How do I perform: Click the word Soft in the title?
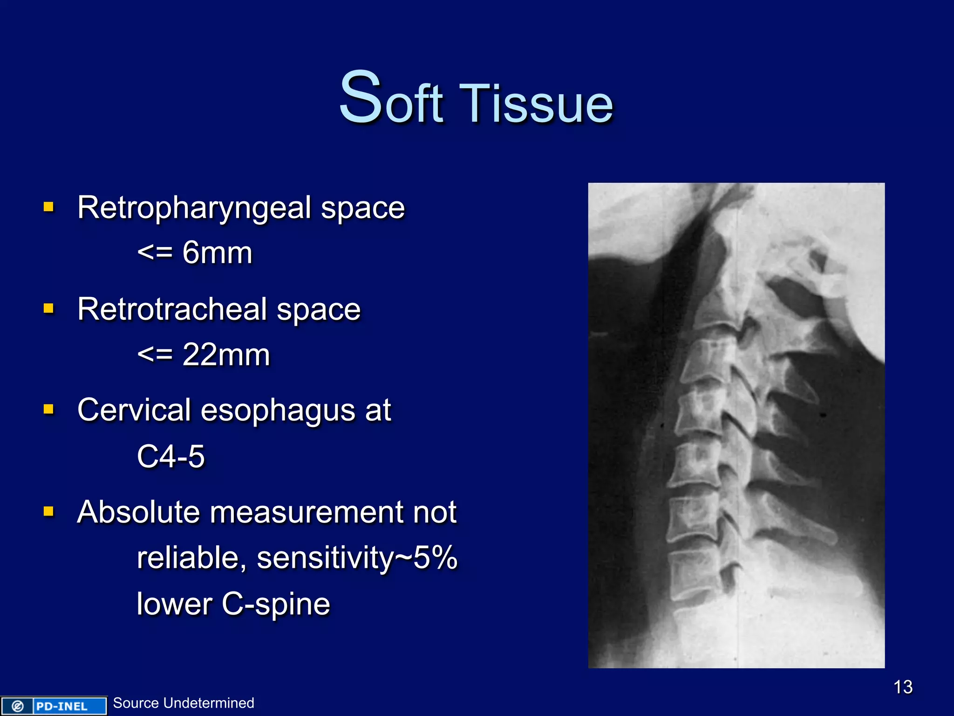pyautogui.click(x=390, y=99)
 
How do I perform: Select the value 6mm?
pyautogui.click(x=217, y=253)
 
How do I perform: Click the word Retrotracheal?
pyautogui.click(x=172, y=310)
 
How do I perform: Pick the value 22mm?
pyautogui.click(x=226, y=355)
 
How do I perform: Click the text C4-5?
pyautogui.click(x=170, y=456)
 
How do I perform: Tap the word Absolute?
pyautogui.click(x=139, y=512)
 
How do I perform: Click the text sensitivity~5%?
pyautogui.click(x=357, y=558)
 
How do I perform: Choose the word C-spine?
pyautogui.click(x=275, y=604)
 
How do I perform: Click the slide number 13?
pyautogui.click(x=903, y=687)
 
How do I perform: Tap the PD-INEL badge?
pyautogui.click(x=54, y=706)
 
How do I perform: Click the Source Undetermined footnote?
pyautogui.click(x=184, y=703)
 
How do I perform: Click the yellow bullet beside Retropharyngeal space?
pyautogui.click(x=48, y=207)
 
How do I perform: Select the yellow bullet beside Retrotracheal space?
pyautogui.click(x=48, y=308)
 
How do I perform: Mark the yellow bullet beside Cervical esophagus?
pyautogui.click(x=48, y=409)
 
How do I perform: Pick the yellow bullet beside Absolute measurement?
pyautogui.click(x=48, y=511)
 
